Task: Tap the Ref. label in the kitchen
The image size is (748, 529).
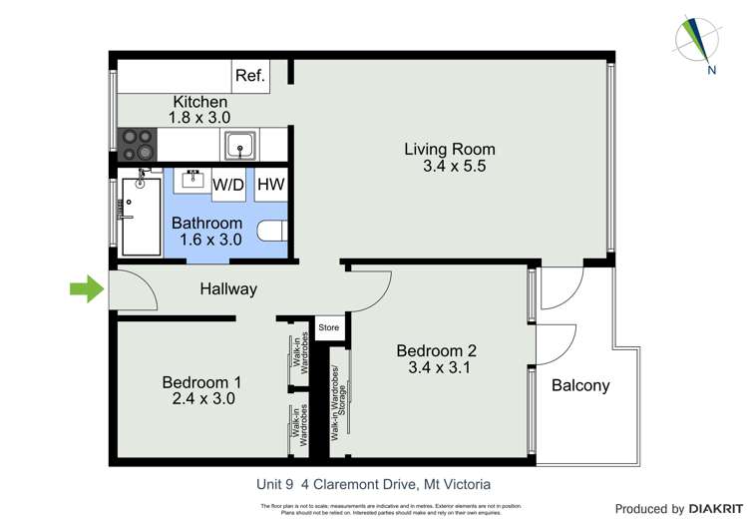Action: (249, 76)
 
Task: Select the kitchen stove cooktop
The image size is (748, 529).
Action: (138, 146)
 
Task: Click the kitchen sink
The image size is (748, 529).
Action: (240, 146)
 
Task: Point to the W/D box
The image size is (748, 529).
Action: (228, 184)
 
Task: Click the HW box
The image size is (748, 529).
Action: (270, 184)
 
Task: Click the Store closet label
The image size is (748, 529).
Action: (328, 327)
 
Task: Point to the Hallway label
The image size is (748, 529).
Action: (227, 289)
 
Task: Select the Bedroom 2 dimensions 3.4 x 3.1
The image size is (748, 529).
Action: (436, 367)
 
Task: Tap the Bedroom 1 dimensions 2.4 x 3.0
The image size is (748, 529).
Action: (201, 399)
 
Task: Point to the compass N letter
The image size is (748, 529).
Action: (710, 71)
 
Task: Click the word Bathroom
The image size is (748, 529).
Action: (206, 223)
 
